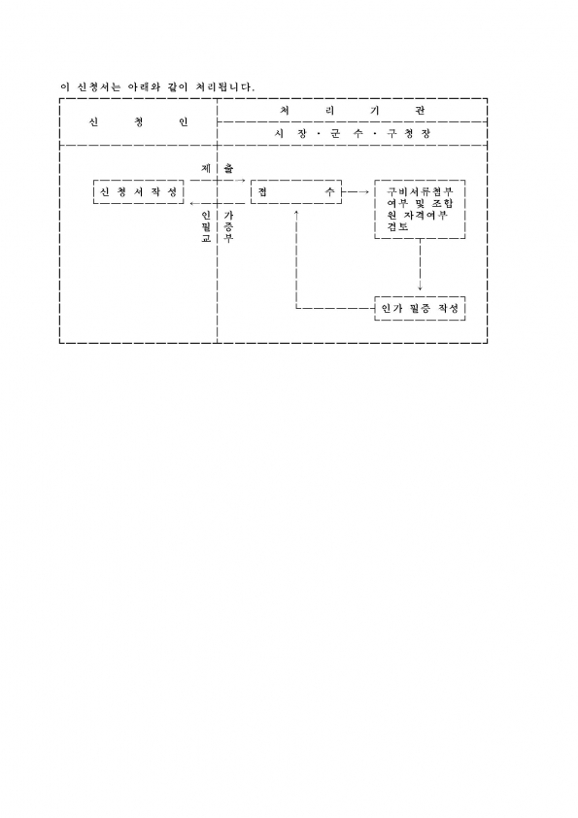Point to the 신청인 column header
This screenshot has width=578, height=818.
(139, 122)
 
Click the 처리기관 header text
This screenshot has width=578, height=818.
(353, 110)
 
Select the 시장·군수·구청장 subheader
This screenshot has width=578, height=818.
(353, 133)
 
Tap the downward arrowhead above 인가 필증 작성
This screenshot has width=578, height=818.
(420, 288)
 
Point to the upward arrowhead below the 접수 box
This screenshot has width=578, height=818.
(296, 213)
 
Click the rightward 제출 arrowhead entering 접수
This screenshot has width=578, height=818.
(242, 181)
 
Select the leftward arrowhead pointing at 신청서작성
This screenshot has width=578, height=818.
(193, 203)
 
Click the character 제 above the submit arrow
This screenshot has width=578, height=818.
(206, 168)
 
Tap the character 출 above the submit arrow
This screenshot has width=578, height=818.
(228, 168)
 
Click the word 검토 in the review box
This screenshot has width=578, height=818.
(398, 227)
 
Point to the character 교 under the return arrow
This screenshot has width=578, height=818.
(206, 238)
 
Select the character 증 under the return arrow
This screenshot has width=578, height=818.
(228, 226)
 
